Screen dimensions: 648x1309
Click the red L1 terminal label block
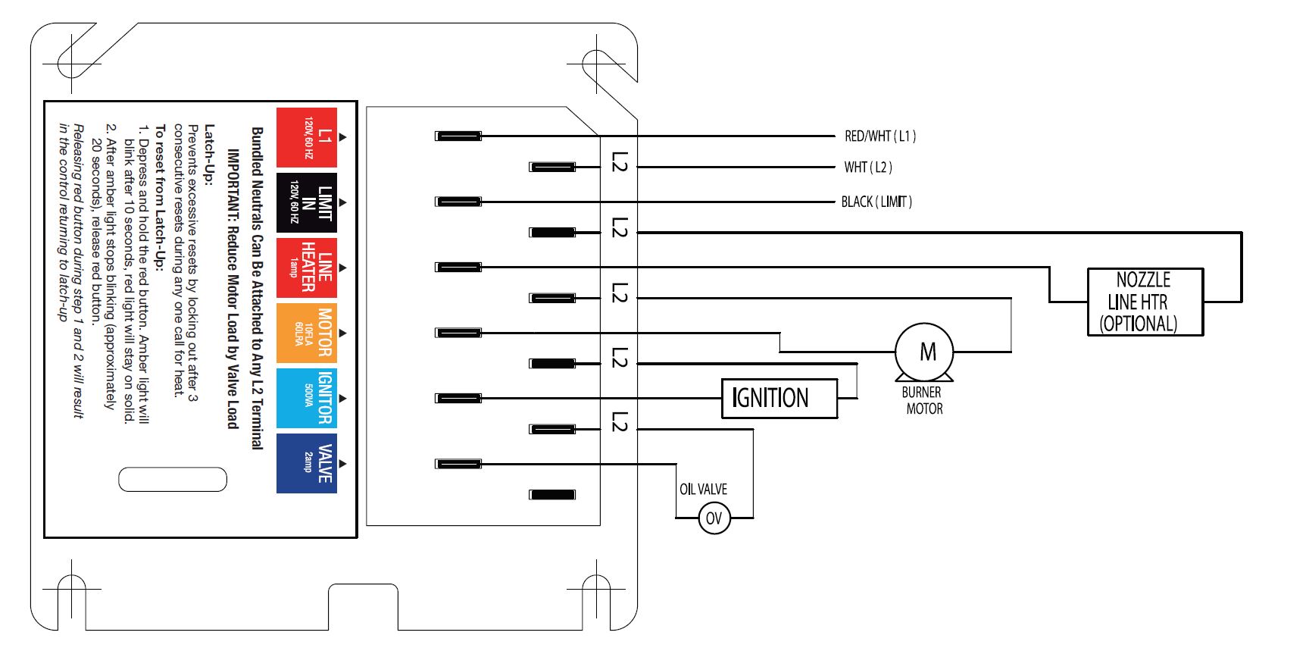(x=307, y=137)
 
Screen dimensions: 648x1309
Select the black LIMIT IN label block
(x=307, y=202)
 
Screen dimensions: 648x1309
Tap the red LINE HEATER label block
(x=307, y=268)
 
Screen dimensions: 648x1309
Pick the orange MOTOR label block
(x=307, y=333)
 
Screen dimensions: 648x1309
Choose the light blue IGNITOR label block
(x=307, y=398)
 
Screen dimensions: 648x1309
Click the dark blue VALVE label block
(x=307, y=463)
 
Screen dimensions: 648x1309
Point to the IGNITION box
(x=779, y=398)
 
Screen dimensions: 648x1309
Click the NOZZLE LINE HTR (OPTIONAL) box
(x=1145, y=302)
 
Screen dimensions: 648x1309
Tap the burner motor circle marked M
(x=924, y=352)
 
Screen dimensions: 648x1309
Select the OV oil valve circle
(x=714, y=518)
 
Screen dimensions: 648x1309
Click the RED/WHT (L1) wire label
(x=879, y=136)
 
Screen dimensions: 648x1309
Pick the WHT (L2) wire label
(x=868, y=167)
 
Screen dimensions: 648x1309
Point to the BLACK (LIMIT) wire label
(x=876, y=202)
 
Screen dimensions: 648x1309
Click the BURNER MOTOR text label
(x=923, y=401)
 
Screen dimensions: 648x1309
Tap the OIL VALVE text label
(x=703, y=490)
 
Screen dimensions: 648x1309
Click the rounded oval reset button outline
(x=173, y=480)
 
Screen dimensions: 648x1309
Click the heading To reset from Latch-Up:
(x=159, y=198)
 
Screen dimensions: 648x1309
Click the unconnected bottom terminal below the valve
(x=552, y=495)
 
